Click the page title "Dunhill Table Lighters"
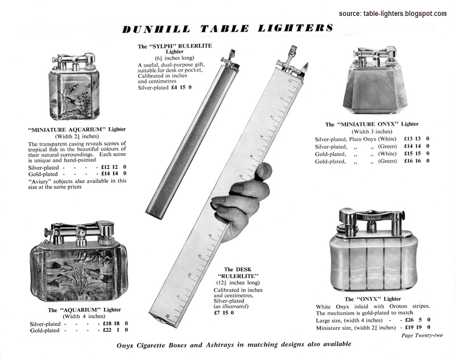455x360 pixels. [x=227, y=28]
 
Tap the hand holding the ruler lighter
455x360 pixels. [x=242, y=199]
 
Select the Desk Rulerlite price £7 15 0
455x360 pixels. [x=224, y=312]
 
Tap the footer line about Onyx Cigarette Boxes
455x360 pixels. [x=234, y=344]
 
